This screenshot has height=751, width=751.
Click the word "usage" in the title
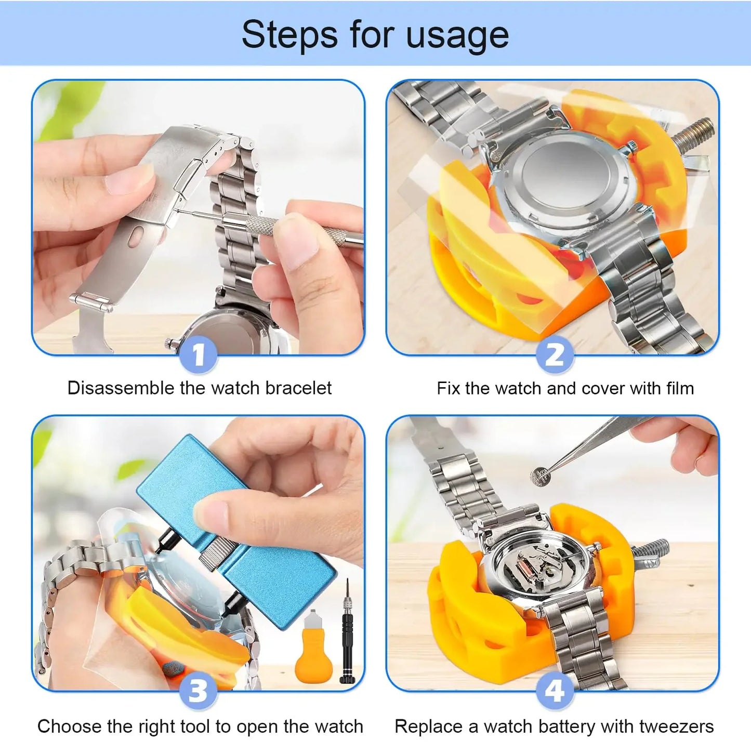[457, 35]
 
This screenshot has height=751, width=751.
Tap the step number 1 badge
[198, 355]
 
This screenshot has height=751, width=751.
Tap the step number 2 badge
[555, 355]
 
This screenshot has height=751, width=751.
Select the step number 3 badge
[198, 691]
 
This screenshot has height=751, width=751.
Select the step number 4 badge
[555, 691]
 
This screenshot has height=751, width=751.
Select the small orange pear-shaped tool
[313, 650]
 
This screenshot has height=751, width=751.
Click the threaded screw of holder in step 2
[694, 135]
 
